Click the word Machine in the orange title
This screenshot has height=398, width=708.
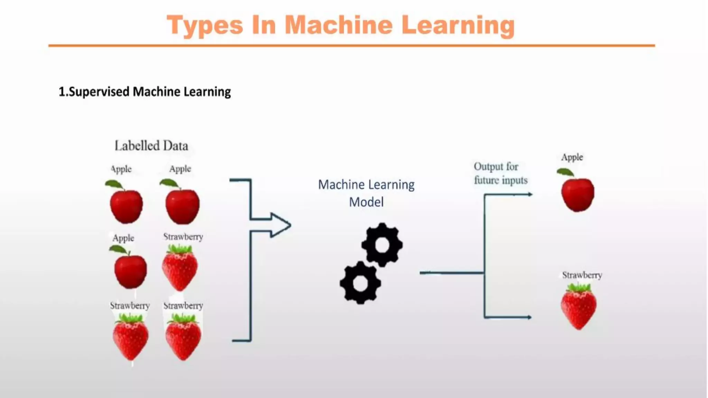pyautogui.click(x=338, y=26)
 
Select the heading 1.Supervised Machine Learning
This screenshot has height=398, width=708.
pyautogui.click(x=145, y=92)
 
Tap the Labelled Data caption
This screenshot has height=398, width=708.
pyautogui.click(x=151, y=146)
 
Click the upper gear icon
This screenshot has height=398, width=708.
pyautogui.click(x=382, y=245)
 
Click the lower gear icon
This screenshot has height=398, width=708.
pyautogui.click(x=360, y=283)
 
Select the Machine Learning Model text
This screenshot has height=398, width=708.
pyautogui.click(x=366, y=193)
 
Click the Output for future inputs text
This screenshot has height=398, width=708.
pyautogui.click(x=500, y=173)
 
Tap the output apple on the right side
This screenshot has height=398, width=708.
pyautogui.click(x=578, y=194)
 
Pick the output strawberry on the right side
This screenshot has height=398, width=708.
pyautogui.click(x=579, y=307)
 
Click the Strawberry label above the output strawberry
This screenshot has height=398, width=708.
pyautogui.click(x=582, y=275)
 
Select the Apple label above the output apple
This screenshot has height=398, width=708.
pyautogui.click(x=572, y=157)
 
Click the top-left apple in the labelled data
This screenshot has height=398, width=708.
pyautogui.click(x=126, y=206)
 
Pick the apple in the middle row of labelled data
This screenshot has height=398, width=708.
pyautogui.click(x=130, y=271)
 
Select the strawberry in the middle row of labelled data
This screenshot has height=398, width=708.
pyautogui.click(x=180, y=269)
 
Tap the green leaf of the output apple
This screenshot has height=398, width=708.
pyautogui.click(x=565, y=172)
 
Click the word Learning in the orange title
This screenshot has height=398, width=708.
pyautogui.click(x=458, y=26)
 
